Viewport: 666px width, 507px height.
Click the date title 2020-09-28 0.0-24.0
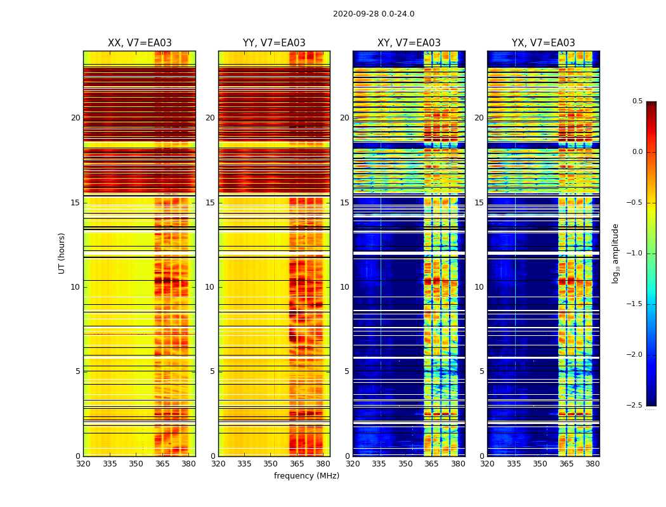[x=374, y=14]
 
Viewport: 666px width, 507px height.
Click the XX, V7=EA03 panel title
[x=140, y=43]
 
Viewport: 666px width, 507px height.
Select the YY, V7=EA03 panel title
[x=274, y=43]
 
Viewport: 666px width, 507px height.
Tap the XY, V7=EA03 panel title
[x=408, y=43]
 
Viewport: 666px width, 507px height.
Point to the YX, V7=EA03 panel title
[x=543, y=43]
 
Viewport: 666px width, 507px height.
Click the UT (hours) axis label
[x=62, y=253]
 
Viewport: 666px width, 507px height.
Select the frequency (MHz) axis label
[x=306, y=476]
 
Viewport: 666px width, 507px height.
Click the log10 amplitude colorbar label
[x=615, y=253]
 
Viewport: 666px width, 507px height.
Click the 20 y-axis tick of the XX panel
[x=75, y=118]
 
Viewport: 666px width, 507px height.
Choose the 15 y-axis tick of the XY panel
[x=344, y=203]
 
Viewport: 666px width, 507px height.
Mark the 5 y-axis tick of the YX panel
[x=481, y=371]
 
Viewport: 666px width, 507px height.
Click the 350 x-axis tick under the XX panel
[x=136, y=464]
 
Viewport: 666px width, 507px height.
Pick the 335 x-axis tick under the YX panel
[x=514, y=464]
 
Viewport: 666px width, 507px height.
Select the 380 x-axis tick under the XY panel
[x=458, y=464]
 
